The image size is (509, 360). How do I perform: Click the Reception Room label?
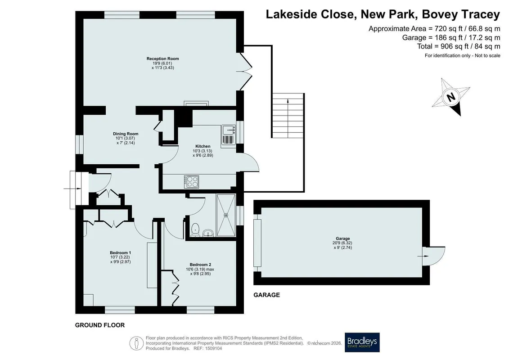[x=162, y=59]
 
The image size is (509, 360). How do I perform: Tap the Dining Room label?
[x=126, y=134]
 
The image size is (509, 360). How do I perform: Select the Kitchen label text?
[x=203, y=146]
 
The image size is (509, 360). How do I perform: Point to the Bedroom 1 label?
[x=121, y=253]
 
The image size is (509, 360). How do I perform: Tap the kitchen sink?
[x=229, y=135]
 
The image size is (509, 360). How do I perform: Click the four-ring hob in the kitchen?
[x=192, y=182]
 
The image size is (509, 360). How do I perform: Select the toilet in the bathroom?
[x=195, y=229]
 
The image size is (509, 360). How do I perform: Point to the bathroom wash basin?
[x=208, y=233]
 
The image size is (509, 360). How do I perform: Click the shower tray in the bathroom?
[x=226, y=215]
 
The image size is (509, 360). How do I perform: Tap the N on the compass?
[x=450, y=97]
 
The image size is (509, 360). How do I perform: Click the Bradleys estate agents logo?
[x=362, y=342]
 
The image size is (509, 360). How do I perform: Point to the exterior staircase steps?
[x=288, y=116]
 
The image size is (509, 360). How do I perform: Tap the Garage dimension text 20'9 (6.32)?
[x=343, y=243]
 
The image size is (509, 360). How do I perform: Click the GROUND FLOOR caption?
[x=99, y=325]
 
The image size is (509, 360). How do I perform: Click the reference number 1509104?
[x=212, y=349]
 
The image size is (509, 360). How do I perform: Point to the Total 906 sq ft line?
[x=459, y=46]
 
